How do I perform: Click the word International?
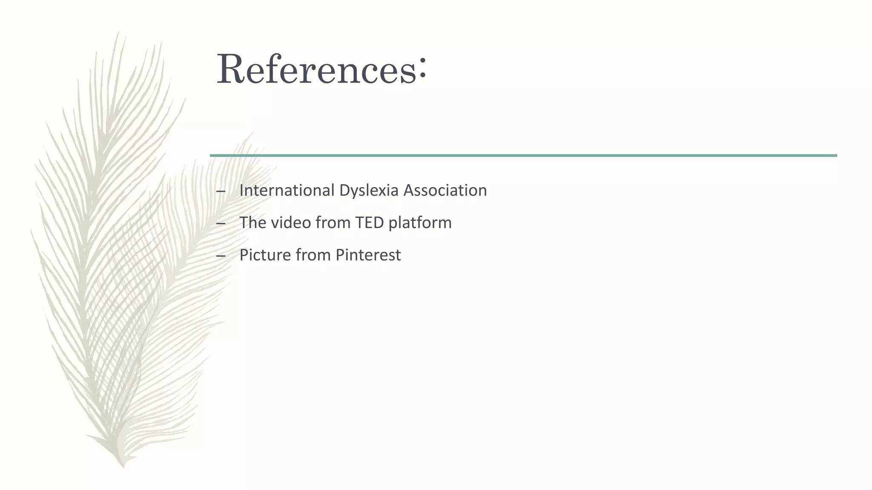287,190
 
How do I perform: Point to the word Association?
445,190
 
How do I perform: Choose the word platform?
420,223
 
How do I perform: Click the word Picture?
264,255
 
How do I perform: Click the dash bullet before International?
221,191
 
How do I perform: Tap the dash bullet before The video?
221,224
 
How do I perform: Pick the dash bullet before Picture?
221,256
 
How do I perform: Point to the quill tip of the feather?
123,466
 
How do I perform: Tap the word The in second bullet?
252,222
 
